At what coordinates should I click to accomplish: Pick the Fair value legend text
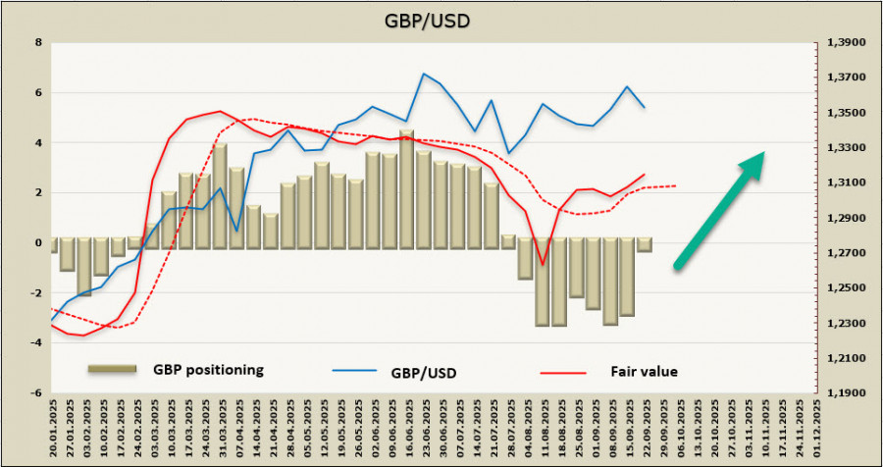pos(645,371)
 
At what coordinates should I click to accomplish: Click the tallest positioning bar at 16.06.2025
pos(406,186)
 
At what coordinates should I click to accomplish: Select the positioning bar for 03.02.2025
pos(85,266)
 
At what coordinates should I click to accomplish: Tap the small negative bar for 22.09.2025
pos(645,245)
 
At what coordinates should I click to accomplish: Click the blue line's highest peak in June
pos(424,74)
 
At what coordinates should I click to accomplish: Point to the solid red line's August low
pos(543,265)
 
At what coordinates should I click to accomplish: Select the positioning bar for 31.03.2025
pos(221,193)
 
